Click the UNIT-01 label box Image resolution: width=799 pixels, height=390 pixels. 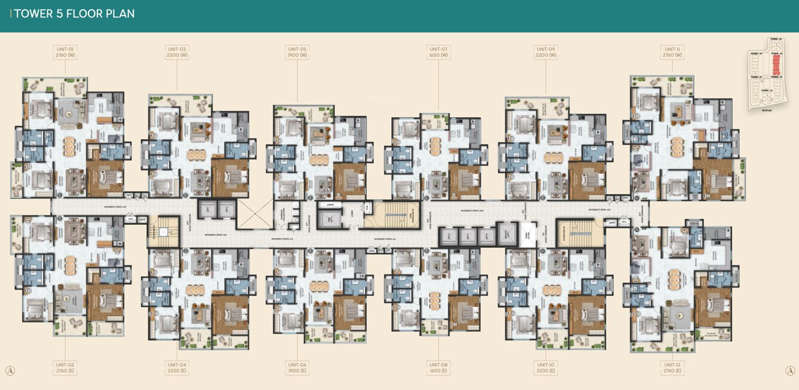pyautogui.click(x=65, y=52)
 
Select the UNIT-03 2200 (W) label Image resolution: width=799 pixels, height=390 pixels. pyautogui.click(x=176, y=52)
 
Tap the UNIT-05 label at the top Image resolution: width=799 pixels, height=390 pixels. pyautogui.click(x=297, y=52)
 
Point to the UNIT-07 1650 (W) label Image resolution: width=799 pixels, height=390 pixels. pyautogui.click(x=438, y=52)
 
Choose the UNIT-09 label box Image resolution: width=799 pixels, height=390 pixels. pyautogui.click(x=545, y=52)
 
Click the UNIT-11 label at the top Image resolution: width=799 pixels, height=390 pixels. pyautogui.click(x=672, y=52)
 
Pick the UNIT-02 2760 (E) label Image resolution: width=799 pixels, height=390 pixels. pyautogui.click(x=65, y=367)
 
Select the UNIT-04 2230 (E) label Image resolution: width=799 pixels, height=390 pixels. pyautogui.click(x=176, y=367)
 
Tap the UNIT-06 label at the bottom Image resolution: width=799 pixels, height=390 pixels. pyautogui.click(x=297, y=367)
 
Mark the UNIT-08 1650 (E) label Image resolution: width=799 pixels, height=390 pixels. pyautogui.click(x=438, y=367)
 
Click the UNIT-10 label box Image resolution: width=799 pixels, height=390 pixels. pyautogui.click(x=545, y=367)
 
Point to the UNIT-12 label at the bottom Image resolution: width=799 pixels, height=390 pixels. pyautogui.click(x=672, y=367)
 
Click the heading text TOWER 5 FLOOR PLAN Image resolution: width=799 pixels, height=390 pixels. pyautogui.click(x=74, y=14)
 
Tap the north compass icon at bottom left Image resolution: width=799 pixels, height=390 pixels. pyautogui.click(x=10, y=371)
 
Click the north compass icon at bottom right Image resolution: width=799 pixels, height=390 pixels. pyautogui.click(x=789, y=371)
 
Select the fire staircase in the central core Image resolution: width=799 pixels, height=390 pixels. pyautogui.click(x=395, y=215)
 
